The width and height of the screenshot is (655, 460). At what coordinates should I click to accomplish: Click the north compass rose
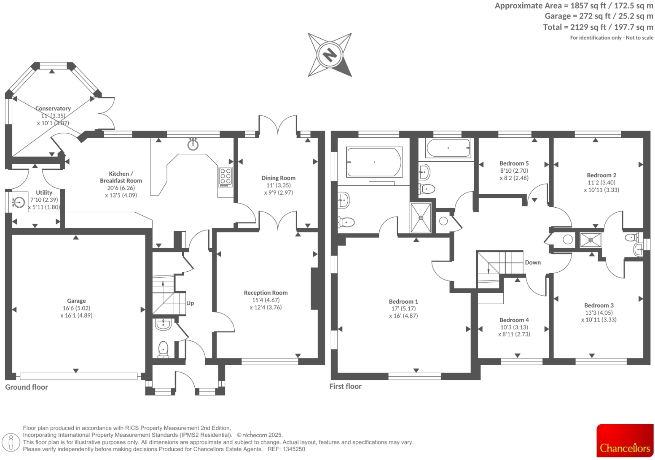click(x=330, y=55)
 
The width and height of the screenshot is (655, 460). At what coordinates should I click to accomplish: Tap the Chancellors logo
click(x=625, y=440)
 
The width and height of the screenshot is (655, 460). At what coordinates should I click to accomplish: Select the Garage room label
click(x=76, y=301)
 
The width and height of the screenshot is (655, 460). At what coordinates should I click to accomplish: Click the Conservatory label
click(x=53, y=108)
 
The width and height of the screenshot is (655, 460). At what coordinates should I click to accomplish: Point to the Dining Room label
click(x=278, y=178)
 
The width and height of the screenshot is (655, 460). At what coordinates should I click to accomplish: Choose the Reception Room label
click(x=266, y=293)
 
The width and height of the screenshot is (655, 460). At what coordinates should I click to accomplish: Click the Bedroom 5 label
click(x=514, y=163)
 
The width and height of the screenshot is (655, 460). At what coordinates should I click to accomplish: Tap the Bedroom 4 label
click(x=514, y=320)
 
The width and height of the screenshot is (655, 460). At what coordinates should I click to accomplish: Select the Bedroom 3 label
click(x=599, y=305)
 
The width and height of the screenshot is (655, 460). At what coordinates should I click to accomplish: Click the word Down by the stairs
click(x=533, y=262)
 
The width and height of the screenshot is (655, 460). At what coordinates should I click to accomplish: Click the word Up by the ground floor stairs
click(x=190, y=303)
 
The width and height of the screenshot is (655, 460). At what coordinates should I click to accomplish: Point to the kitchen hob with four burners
click(x=225, y=177)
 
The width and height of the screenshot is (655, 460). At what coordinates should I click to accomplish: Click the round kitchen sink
click(x=193, y=144)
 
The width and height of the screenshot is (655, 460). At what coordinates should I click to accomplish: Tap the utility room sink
click(x=19, y=202)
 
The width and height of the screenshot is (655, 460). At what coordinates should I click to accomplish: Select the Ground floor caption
click(x=27, y=387)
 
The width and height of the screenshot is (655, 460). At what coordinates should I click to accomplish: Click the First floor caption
click(x=345, y=386)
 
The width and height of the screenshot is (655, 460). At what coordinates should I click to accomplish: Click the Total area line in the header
click(x=598, y=27)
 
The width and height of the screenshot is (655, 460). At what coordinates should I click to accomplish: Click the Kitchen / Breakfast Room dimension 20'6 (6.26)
click(x=121, y=188)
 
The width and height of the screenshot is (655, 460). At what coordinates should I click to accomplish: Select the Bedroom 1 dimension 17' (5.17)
click(x=403, y=309)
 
